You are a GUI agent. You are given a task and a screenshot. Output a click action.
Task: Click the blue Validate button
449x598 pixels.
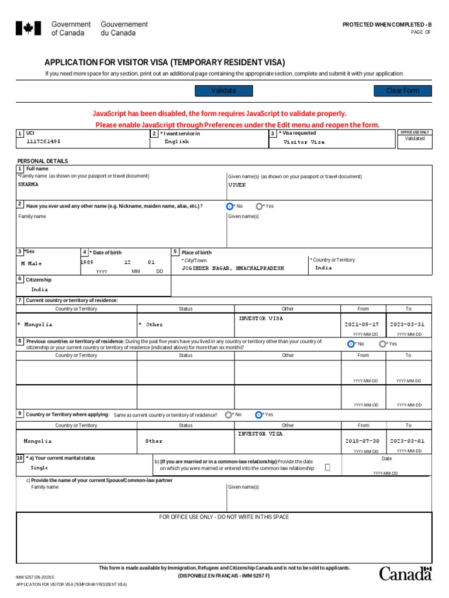click(x=223, y=91)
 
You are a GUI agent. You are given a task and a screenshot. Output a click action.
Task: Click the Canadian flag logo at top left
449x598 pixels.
click(x=28, y=28)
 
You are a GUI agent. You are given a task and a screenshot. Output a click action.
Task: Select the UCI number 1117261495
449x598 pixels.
click(x=43, y=141)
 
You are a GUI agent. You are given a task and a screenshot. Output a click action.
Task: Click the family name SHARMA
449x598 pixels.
click(x=29, y=185)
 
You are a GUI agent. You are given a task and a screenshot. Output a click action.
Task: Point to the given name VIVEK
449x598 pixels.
click(x=237, y=185)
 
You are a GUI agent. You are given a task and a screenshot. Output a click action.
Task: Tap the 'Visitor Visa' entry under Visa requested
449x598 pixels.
click(x=303, y=142)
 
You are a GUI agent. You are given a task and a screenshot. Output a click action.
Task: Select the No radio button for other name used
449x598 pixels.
click(x=229, y=206)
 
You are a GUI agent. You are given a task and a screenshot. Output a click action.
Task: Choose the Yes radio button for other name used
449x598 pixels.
click(x=258, y=206)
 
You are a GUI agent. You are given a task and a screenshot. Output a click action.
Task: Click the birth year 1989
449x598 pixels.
click(x=87, y=263)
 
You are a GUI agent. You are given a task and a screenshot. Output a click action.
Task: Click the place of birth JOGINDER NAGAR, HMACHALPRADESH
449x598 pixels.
click(x=233, y=268)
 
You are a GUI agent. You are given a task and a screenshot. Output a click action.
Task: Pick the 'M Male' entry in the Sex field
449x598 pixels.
click(x=31, y=263)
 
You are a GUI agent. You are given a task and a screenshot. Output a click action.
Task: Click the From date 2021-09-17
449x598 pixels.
click(x=362, y=324)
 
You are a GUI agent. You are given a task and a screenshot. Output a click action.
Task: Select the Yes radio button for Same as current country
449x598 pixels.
click(x=258, y=415)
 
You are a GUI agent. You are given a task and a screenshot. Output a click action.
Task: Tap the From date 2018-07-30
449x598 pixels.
click(x=362, y=441)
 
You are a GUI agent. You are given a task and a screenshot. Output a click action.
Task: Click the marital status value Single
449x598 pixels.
click(x=40, y=468)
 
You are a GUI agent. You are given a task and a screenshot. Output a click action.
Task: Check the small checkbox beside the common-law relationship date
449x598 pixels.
click(x=327, y=467)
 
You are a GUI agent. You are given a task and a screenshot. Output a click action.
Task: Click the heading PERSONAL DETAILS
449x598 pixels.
click(x=43, y=161)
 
